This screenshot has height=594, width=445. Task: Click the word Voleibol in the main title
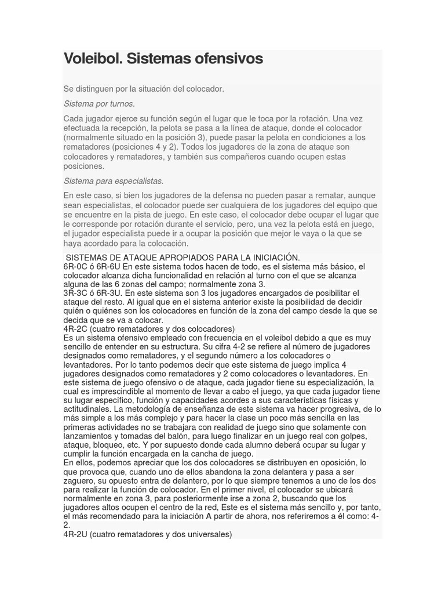point(92,59)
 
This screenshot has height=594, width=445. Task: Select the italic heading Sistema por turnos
point(99,104)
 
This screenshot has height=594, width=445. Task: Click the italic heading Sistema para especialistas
point(114,181)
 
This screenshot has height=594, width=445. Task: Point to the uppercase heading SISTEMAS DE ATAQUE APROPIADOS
point(183,257)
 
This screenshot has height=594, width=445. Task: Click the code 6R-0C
point(76,266)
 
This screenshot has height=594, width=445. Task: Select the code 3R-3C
point(76,294)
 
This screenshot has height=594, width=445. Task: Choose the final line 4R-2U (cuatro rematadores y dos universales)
point(148,534)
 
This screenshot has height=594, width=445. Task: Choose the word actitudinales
point(90,409)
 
